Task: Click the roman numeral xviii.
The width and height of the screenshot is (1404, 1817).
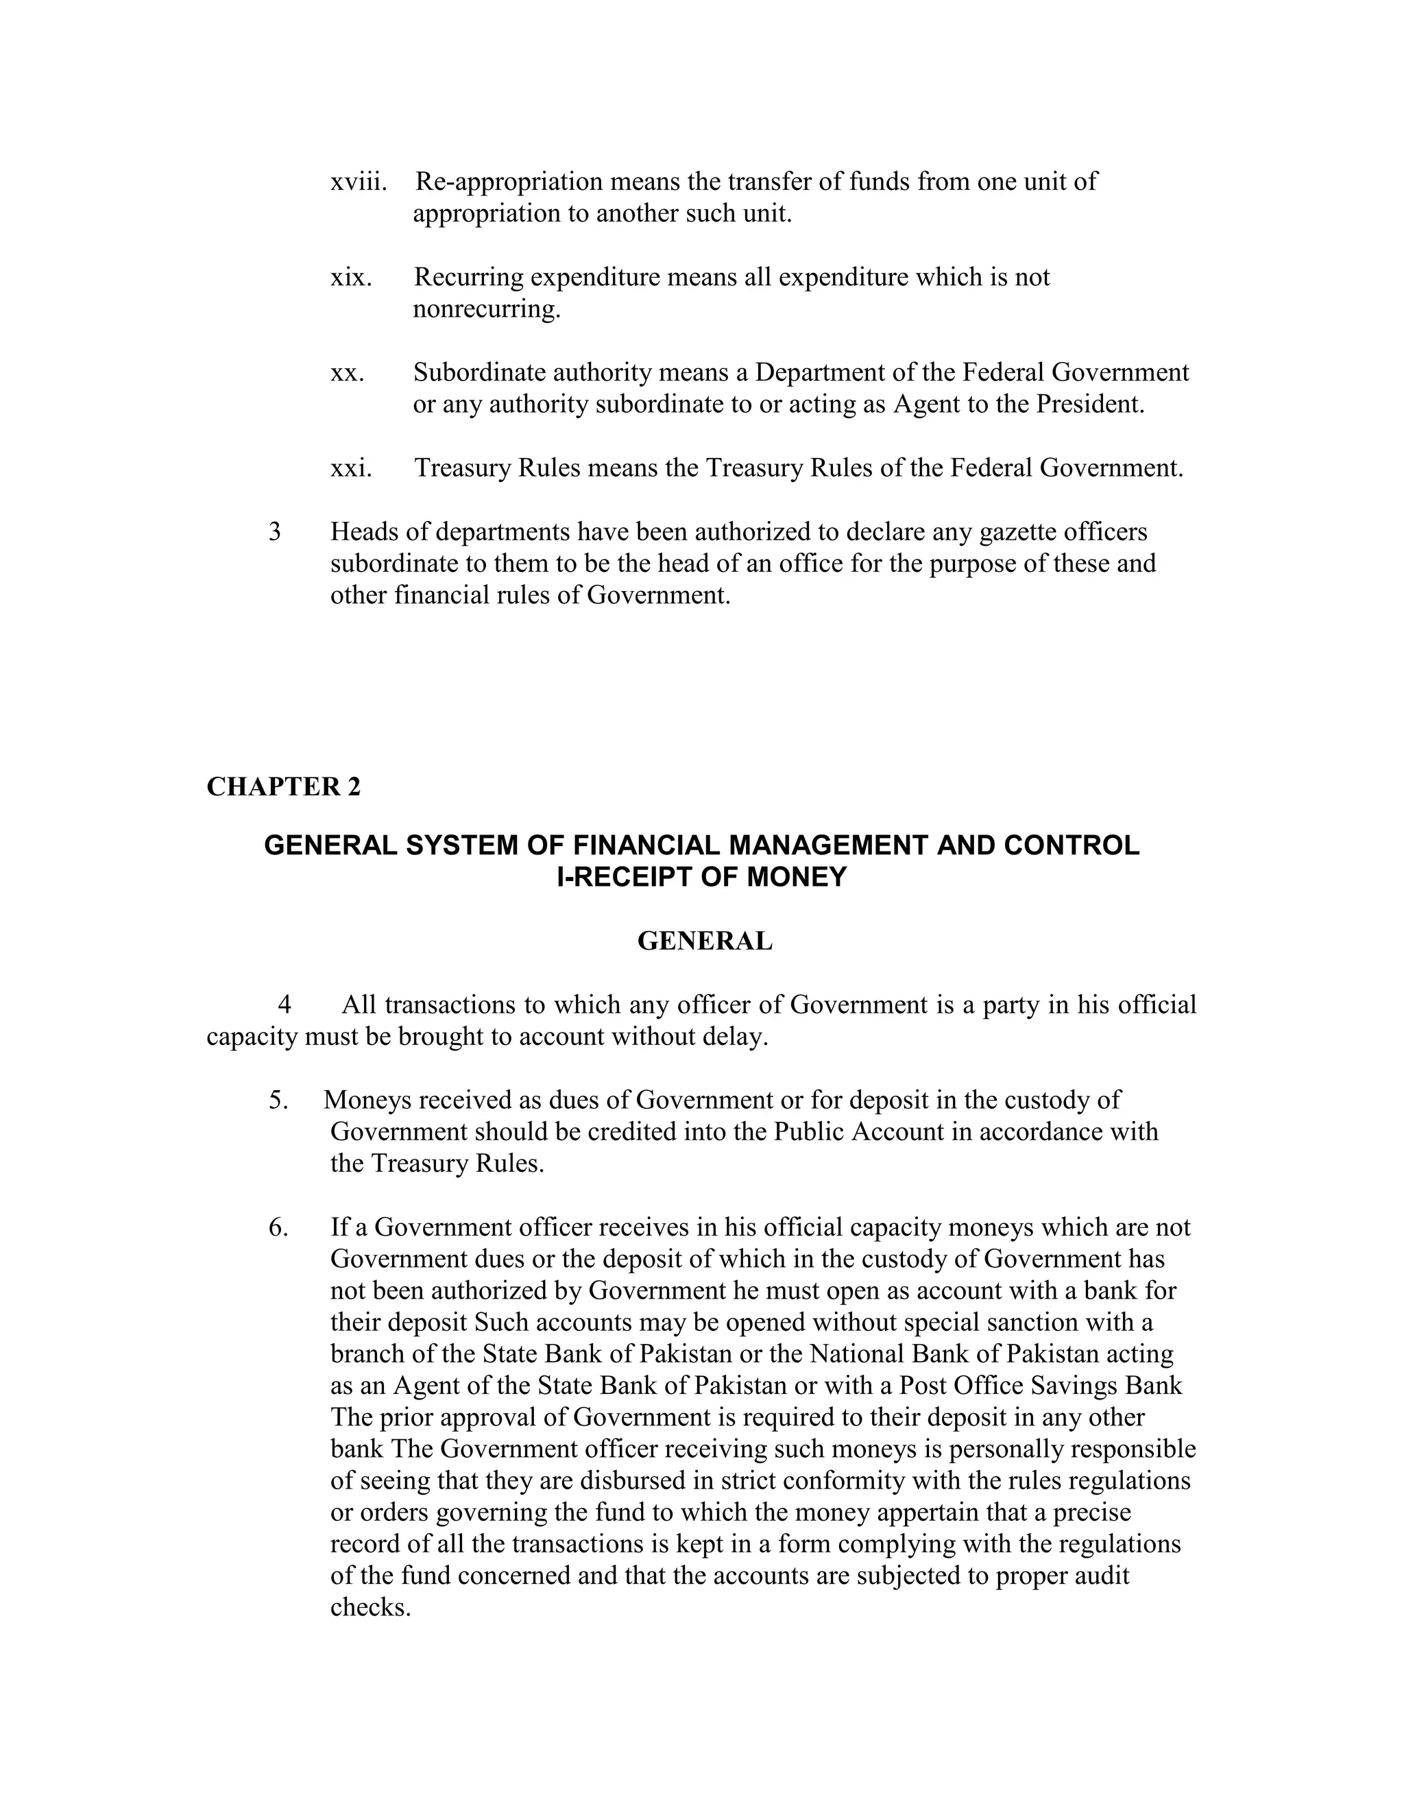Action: [x=359, y=182]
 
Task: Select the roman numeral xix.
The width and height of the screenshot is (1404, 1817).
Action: [x=350, y=277]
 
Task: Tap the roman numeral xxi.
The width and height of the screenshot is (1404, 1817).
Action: [x=350, y=468]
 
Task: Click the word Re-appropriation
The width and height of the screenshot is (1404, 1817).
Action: [x=508, y=182]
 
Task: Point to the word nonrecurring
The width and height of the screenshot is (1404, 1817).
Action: [x=486, y=309]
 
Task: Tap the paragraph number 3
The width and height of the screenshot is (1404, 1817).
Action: [x=274, y=531]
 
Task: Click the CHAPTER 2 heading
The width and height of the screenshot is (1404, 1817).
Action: [x=284, y=787]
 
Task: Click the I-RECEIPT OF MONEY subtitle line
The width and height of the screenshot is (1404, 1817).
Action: [x=701, y=877]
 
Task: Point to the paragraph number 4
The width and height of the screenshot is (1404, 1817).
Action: [x=285, y=1005]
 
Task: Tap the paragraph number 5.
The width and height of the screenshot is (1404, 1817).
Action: [x=278, y=1100]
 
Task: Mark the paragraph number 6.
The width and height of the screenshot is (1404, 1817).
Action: [x=278, y=1227]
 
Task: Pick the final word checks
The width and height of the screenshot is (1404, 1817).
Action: [x=370, y=1607]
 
